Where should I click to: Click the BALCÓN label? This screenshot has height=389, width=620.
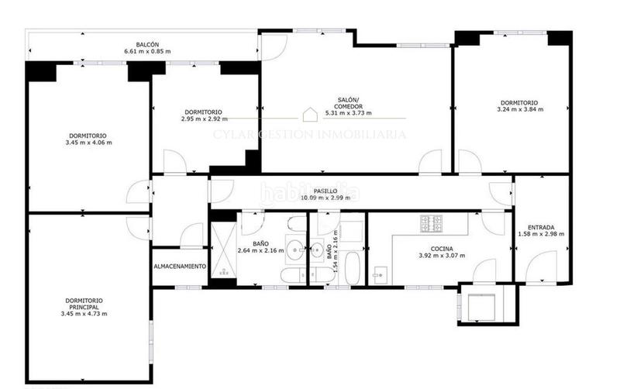(147, 45)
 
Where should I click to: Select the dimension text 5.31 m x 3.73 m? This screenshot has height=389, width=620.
(346, 114)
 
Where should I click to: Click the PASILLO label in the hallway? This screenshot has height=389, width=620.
(325, 190)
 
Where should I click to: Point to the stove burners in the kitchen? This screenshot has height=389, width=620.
(431, 224)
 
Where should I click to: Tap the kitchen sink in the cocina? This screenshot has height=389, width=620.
(380, 274)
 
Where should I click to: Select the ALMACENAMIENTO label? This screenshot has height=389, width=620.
(180, 267)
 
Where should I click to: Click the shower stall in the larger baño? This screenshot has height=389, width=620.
(222, 249)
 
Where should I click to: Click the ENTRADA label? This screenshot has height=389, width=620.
(540, 227)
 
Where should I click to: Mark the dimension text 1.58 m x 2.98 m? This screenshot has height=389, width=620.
(540, 234)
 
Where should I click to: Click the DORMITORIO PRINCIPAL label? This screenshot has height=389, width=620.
(84, 303)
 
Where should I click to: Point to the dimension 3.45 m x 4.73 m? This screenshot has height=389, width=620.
(84, 314)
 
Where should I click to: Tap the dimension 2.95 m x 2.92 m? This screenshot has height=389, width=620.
(204, 119)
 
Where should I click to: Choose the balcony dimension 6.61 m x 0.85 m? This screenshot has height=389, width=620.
(147, 52)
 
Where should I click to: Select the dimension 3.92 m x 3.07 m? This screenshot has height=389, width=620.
(442, 256)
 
